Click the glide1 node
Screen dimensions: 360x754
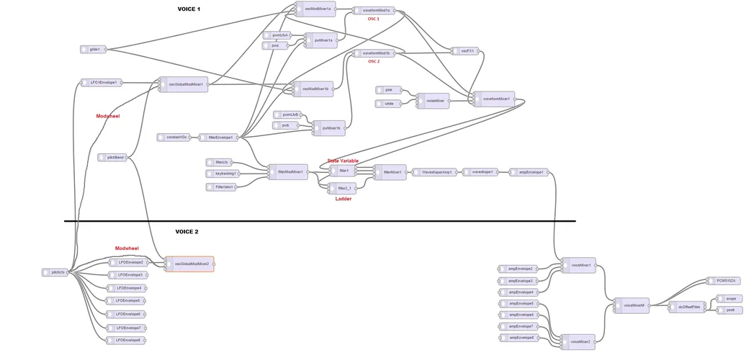(x=93, y=50)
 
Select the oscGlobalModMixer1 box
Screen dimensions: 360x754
(x=184, y=84)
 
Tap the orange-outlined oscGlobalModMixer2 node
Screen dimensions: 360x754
(x=189, y=264)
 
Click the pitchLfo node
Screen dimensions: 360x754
(x=55, y=273)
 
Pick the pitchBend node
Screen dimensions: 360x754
(x=113, y=157)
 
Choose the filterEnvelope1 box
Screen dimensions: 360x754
(x=219, y=138)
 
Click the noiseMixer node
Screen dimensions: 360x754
(x=434, y=101)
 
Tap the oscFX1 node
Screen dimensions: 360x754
(x=464, y=51)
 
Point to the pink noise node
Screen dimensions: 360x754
(x=389, y=90)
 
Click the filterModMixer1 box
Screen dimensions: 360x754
(x=289, y=172)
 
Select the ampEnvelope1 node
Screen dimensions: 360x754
(x=529, y=173)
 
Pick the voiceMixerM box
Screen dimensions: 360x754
(x=632, y=305)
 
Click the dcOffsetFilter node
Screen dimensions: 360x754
(x=687, y=307)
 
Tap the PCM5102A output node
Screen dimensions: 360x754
(x=722, y=281)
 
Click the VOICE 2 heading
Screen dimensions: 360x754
(x=187, y=232)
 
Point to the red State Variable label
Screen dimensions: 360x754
(x=343, y=161)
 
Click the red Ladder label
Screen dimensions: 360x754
(x=344, y=199)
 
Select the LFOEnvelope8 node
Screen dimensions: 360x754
(x=127, y=341)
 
